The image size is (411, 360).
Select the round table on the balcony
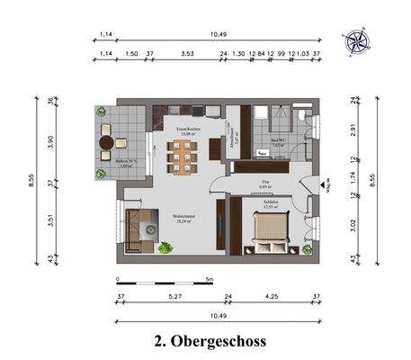(108, 141)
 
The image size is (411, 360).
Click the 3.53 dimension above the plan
(188, 55)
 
